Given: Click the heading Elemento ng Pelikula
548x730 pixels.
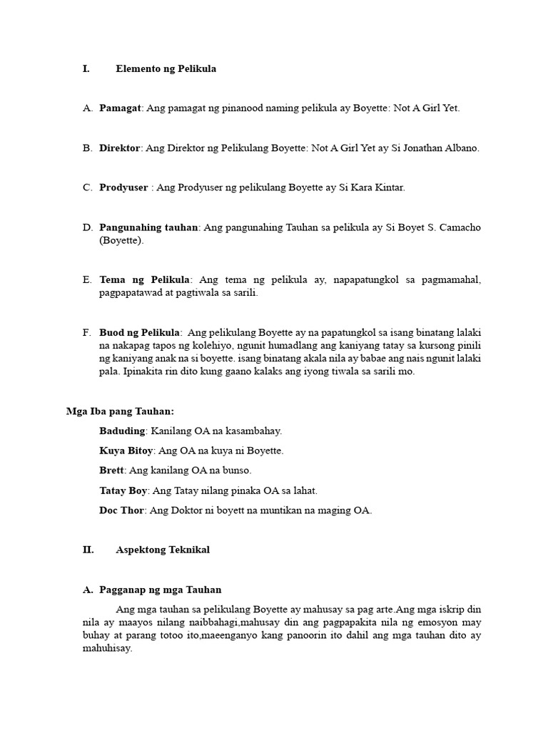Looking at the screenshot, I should [166, 69].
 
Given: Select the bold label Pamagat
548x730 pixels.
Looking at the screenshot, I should [121, 108].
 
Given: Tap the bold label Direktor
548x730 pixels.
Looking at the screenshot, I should [121, 148].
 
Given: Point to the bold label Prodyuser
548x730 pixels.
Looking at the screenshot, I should [123, 187].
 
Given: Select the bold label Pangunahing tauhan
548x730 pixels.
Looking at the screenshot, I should [148, 227].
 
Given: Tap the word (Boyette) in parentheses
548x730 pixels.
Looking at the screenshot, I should [121, 241].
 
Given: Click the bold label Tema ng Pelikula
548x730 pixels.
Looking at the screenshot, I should [145, 279].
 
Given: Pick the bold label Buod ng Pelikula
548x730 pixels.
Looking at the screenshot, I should [140, 332].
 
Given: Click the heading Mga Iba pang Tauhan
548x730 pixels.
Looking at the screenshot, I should [120, 411].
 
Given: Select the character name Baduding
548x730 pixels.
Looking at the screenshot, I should [123, 431].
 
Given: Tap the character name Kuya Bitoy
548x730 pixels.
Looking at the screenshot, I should [126, 451].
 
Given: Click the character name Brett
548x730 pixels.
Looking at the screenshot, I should [112, 471].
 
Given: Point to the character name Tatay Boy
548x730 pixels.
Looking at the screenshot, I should [123, 490].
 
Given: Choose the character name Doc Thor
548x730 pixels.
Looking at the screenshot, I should [122, 510].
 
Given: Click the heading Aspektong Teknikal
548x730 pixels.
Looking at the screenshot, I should [163, 550].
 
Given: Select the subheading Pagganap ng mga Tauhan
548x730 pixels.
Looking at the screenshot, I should [161, 590].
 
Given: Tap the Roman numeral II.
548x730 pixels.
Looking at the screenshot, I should [88, 550].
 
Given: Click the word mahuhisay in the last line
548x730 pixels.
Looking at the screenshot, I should [107, 649].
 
